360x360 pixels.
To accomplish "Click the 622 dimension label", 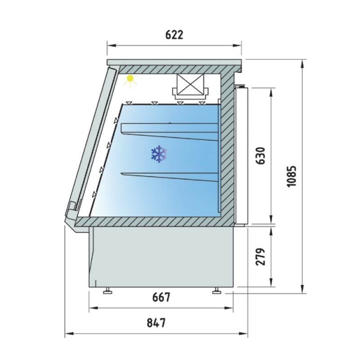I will [x=174, y=35].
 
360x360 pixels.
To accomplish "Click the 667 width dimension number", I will [x=161, y=297].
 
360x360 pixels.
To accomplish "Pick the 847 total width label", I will [x=156, y=323].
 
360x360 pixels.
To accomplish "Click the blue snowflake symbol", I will [x=159, y=154].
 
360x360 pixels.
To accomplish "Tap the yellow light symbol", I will [x=130, y=81].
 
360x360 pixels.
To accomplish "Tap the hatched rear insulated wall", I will [x=228, y=148].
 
